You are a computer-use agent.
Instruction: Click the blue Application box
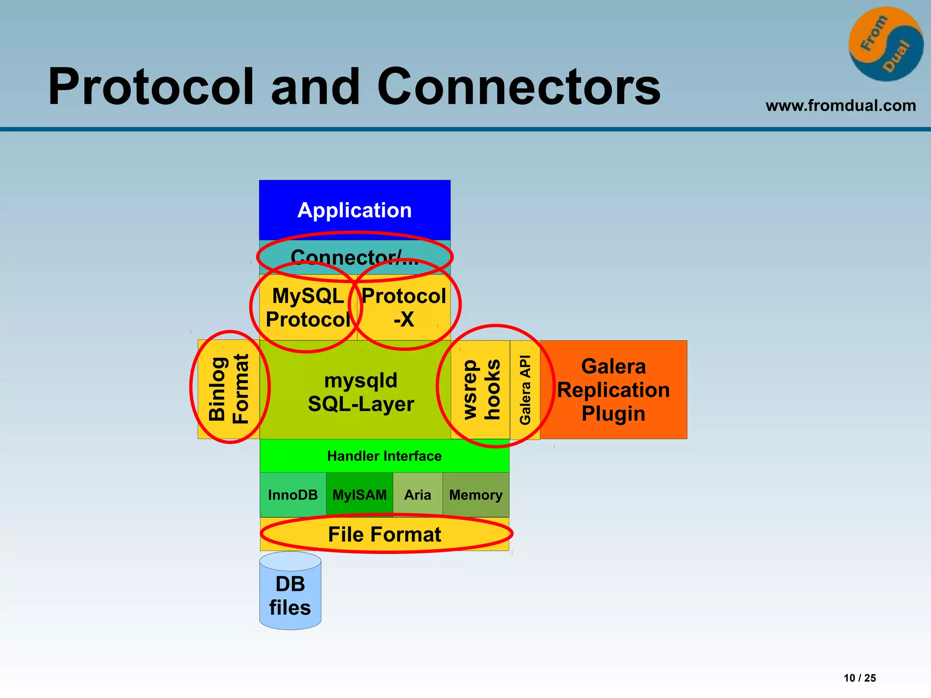tap(355, 210)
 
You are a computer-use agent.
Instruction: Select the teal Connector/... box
tap(355, 257)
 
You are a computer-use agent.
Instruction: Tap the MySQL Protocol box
tap(308, 308)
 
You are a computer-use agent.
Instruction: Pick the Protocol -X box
tap(404, 308)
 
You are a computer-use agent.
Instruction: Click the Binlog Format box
tap(229, 389)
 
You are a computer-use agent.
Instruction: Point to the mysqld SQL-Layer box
tap(360, 392)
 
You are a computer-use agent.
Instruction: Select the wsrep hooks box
tap(481, 389)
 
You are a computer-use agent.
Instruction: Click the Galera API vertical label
tap(525, 389)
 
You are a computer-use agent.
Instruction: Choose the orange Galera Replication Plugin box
tap(613, 389)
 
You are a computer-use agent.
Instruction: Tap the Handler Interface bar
tap(384, 456)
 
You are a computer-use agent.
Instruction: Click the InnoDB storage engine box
tap(293, 494)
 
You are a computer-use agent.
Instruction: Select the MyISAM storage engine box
tap(360, 494)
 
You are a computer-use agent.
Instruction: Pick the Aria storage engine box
tap(417, 494)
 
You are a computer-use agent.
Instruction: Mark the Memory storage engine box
tap(476, 494)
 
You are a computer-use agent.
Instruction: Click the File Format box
tap(384, 534)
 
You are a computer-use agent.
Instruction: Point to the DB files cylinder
tap(290, 595)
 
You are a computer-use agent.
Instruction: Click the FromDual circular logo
tap(886, 44)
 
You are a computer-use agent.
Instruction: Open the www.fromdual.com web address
tap(841, 105)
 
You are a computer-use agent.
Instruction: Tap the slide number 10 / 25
tap(860, 678)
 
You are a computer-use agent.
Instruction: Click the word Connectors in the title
tap(519, 86)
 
